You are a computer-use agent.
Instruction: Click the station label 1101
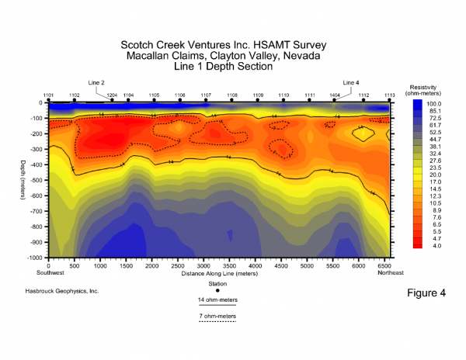click(48, 95)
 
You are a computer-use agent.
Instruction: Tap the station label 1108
click(232, 95)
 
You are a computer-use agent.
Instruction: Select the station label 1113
click(389, 95)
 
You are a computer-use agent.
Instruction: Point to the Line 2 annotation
click(97, 82)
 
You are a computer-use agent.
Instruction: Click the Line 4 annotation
click(351, 82)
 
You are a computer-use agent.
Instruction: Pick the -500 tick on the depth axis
click(37, 180)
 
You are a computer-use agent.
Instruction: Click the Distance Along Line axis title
click(217, 272)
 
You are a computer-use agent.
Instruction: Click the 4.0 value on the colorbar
click(433, 245)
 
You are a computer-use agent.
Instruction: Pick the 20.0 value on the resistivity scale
click(433, 175)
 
